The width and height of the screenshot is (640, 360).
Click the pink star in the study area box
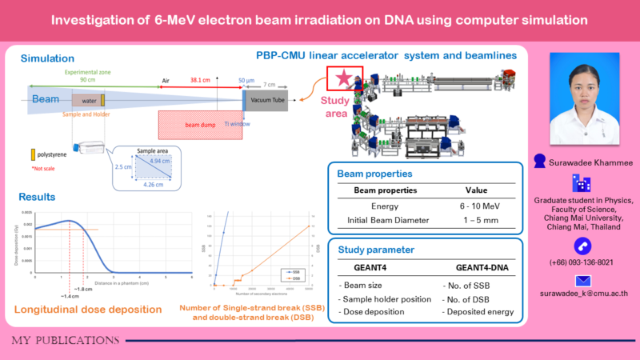click(x=343, y=78)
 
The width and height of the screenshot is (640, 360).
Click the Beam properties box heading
click(x=375, y=174)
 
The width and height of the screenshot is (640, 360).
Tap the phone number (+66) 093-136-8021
click(x=582, y=262)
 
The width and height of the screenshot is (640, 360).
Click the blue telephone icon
click(x=582, y=245)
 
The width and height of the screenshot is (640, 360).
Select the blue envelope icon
click(x=582, y=282)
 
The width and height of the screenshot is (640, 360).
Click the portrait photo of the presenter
click(x=582, y=100)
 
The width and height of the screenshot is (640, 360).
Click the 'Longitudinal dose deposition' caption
click(x=83, y=310)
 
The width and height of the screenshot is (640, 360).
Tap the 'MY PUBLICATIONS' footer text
click(x=66, y=341)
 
